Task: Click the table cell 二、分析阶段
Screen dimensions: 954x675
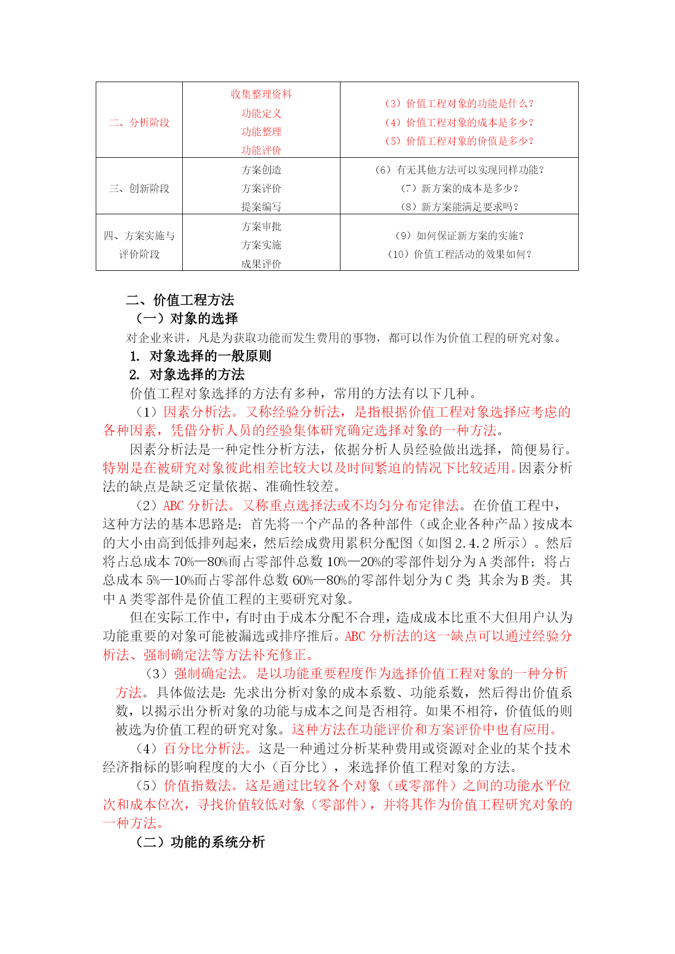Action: pos(139,122)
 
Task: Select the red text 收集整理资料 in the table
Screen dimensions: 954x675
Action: pos(261,94)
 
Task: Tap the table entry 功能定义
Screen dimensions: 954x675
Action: pos(261,113)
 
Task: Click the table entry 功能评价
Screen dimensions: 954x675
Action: pos(261,150)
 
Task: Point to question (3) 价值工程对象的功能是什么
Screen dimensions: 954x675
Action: pos(459,103)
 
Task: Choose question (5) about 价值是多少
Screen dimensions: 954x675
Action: pos(459,141)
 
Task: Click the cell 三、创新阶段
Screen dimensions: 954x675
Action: pos(139,188)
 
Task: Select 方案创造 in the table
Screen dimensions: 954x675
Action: pos(261,170)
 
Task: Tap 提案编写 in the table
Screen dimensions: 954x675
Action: pos(261,207)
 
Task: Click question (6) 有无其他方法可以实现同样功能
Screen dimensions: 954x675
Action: pos(459,170)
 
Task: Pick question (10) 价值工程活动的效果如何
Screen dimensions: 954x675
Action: pos(459,254)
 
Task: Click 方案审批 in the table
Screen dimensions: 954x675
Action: pos(261,226)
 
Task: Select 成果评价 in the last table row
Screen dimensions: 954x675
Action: pos(261,264)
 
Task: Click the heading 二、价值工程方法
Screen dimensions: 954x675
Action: pos(180,300)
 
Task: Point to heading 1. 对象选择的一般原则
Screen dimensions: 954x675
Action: pos(200,356)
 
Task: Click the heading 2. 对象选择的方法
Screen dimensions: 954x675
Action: pos(187,374)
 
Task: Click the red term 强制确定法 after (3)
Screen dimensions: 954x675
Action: pos(207,673)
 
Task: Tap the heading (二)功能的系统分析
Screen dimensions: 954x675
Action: pos(200,842)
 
